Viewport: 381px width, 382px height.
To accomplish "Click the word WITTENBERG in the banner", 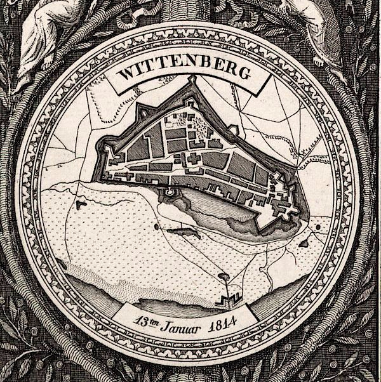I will [184, 72].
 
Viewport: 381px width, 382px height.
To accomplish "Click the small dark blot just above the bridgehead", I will [223, 276].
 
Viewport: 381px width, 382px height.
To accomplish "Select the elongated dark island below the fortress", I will [185, 233].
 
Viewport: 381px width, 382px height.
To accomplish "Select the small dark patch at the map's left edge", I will [81, 205].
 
